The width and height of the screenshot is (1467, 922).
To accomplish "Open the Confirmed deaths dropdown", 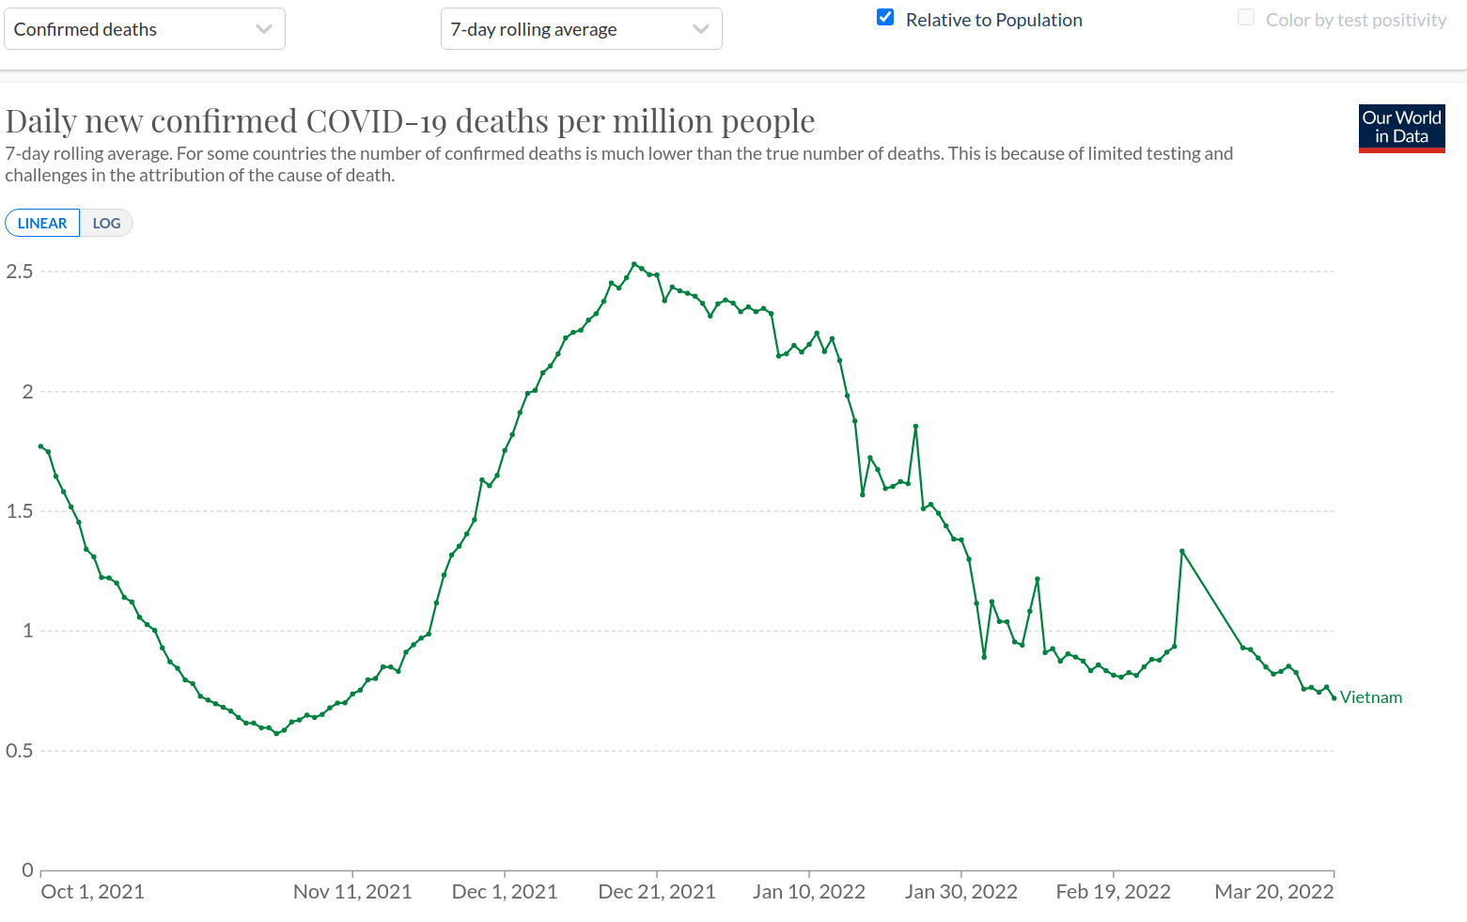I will (144, 29).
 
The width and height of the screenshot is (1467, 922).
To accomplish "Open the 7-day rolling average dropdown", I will (581, 29).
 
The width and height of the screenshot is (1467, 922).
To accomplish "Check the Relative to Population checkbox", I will (885, 18).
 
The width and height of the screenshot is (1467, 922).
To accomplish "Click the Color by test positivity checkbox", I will (1246, 18).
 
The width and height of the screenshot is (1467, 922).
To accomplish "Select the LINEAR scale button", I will (42, 224).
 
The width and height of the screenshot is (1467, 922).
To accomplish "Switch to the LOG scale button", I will (106, 224).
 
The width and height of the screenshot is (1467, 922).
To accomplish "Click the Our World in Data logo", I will (1401, 128).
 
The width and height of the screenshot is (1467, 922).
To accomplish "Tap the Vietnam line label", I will (1370, 697).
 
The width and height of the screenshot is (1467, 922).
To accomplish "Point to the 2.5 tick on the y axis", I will (20, 272).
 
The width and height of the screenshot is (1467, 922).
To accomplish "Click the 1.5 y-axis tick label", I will (20, 511).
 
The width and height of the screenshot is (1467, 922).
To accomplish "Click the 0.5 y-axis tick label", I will (20, 751).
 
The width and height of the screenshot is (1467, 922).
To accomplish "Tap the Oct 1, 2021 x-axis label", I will (92, 892).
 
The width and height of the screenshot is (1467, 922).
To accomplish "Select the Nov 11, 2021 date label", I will (352, 892).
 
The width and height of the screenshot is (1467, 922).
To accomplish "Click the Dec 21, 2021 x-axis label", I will (657, 892).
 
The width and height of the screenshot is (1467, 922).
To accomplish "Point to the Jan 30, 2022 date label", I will (960, 892).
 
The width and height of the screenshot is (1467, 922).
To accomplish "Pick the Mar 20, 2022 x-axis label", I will (1273, 892).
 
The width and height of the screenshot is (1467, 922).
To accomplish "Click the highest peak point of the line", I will (634, 264).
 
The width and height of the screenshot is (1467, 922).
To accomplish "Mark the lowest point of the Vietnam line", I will (276, 733).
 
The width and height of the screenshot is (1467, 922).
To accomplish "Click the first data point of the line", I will (40, 446).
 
